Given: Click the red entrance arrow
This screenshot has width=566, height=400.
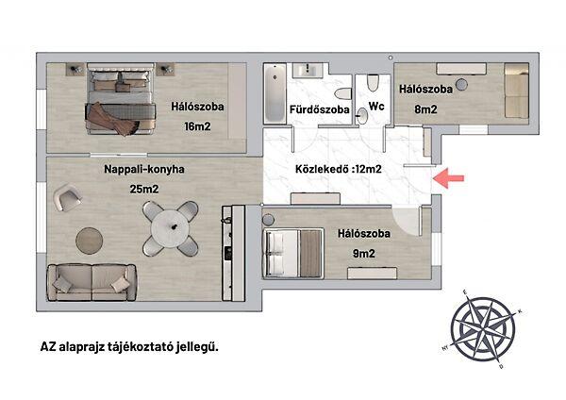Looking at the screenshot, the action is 448,178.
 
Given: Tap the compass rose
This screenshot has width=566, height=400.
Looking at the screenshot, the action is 483,329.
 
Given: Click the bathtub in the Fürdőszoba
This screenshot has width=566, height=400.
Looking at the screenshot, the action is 275,93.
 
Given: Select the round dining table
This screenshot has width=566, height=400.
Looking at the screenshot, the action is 170,228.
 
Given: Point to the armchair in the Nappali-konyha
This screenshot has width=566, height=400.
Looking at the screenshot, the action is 67,197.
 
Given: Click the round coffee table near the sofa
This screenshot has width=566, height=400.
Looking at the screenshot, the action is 90,241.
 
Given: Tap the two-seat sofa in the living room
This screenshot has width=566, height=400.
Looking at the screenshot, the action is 92,282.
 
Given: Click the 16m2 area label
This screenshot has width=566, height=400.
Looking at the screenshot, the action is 197,126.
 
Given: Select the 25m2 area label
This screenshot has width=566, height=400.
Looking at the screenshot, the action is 144,189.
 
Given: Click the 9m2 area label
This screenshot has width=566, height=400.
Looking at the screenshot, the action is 364,254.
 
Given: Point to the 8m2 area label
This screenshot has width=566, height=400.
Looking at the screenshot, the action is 425,109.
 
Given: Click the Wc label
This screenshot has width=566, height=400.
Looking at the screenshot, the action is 376,107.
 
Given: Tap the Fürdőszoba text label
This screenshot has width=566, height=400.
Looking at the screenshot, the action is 320,109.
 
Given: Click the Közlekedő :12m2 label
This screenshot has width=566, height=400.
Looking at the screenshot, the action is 339,169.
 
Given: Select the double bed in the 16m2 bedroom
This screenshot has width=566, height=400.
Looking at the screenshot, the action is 121,99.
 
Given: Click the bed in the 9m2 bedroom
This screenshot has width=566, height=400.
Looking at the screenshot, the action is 293,254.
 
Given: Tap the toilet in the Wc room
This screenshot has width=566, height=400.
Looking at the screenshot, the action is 373,83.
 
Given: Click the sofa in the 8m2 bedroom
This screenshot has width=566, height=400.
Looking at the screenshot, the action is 517,91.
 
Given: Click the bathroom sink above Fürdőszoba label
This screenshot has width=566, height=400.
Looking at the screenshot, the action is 308,70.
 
